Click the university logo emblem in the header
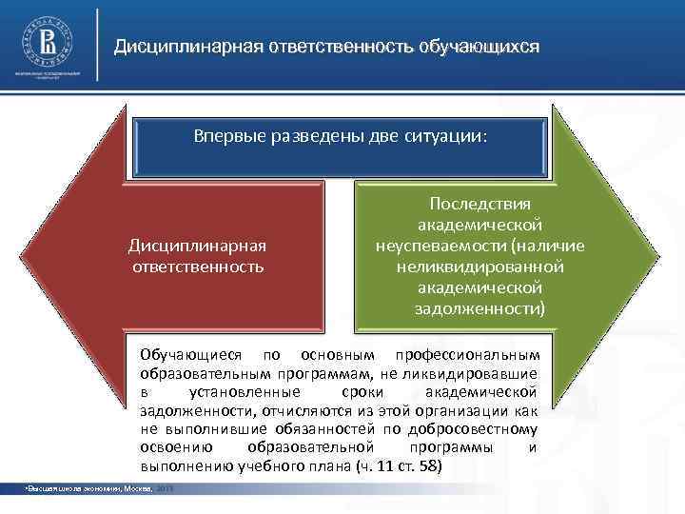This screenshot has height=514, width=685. (46, 44)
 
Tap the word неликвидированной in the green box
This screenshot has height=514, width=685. (480, 267)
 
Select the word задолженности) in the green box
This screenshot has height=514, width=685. (480, 308)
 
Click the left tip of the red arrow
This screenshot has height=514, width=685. (29, 255)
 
